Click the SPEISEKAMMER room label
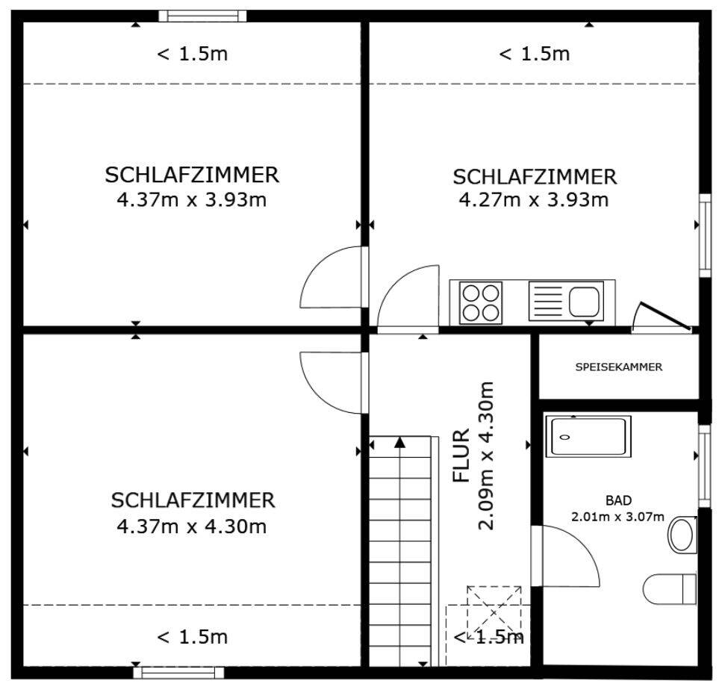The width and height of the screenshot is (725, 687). click(619, 367)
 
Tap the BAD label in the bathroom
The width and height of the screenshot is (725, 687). click(618, 500)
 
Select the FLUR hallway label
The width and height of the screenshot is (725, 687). click(461, 455)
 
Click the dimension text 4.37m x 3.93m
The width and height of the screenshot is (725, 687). click(192, 199)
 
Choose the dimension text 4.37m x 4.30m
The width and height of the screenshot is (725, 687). click(192, 526)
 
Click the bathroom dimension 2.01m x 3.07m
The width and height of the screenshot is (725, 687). click(617, 516)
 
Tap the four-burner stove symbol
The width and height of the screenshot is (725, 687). click(480, 302)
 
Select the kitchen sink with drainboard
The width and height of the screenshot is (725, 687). click(565, 301)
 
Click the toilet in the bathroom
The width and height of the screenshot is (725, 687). click(669, 588)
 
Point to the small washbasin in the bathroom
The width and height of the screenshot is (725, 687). click(682, 535)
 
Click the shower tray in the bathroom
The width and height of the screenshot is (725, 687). click(588, 437)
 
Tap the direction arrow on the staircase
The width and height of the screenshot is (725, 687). click(400, 443)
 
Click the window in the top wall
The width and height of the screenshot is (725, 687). click(202, 16)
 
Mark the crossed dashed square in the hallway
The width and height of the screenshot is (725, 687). click(494, 612)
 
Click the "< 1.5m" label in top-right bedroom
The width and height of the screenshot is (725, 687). click(534, 54)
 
